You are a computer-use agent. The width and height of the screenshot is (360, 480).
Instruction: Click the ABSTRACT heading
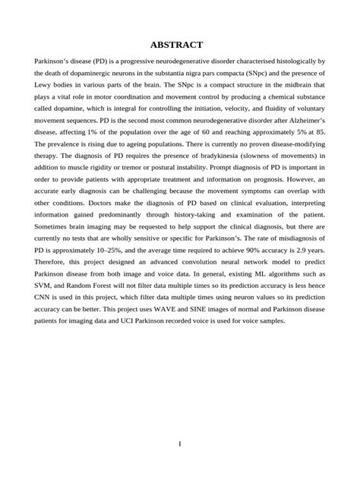click(180, 45)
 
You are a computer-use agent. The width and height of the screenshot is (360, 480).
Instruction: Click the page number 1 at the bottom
click(180, 444)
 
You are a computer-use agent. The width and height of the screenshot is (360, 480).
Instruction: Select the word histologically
click(293, 60)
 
